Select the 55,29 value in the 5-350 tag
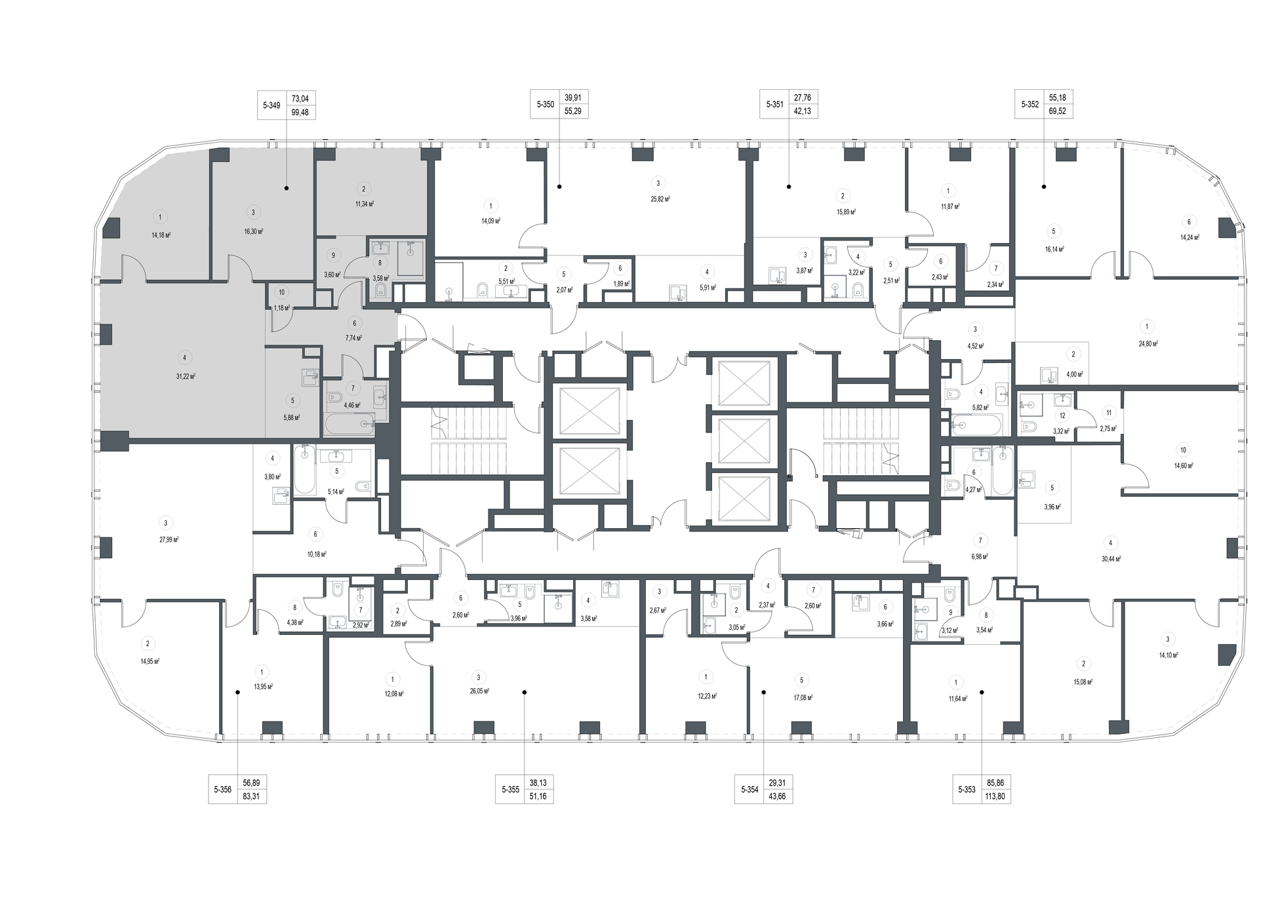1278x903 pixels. coord(572,111)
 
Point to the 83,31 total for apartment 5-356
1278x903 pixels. coord(251,797)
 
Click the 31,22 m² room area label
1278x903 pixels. coord(186,377)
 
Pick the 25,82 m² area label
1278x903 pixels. coord(660,199)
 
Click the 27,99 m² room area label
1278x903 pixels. coord(169,539)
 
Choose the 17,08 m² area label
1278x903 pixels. coord(803,698)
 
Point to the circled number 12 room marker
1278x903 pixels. coord(1062,415)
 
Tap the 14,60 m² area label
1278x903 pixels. coord(1183,466)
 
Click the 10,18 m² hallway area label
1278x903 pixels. coord(317,554)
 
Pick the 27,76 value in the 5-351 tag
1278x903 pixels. coord(802,98)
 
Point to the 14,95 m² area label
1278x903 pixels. coord(150,662)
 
